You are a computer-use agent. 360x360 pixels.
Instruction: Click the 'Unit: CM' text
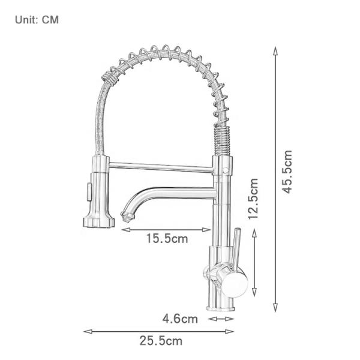pos(37,20)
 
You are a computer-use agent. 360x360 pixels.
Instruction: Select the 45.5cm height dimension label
pos(288,171)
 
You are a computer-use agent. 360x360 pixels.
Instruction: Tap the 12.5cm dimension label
pos(254,199)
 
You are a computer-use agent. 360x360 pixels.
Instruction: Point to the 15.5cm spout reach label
pos(167,239)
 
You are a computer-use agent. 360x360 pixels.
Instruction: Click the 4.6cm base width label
pos(179,319)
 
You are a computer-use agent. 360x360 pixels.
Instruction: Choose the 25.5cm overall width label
pos(161,341)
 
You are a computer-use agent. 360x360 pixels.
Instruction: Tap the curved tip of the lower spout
pos(127,213)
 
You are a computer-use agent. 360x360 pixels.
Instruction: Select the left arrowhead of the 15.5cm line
pos(124,229)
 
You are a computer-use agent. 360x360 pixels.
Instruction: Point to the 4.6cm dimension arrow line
pos(221,319)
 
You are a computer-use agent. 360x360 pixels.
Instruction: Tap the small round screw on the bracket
pos(226,170)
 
